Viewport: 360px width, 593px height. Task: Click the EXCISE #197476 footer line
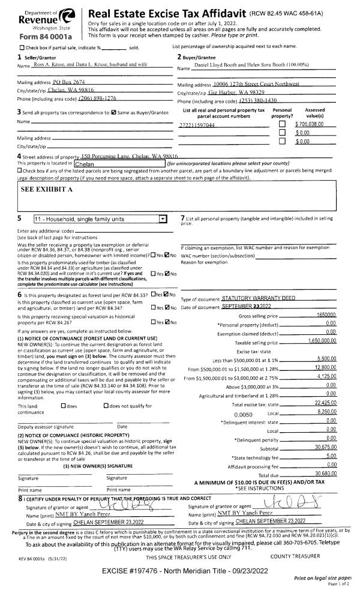point(180,568)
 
